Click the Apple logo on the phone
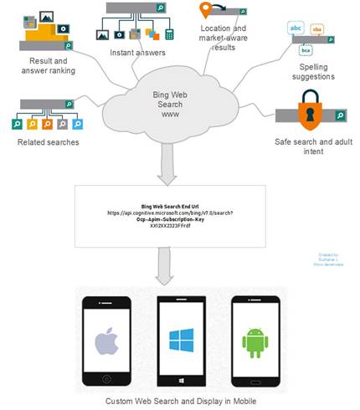[x=104, y=340]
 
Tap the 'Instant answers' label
[x=137, y=54]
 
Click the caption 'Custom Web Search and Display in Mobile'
[x=181, y=402]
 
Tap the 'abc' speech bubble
[x=296, y=28]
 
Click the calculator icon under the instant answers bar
[x=169, y=35]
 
